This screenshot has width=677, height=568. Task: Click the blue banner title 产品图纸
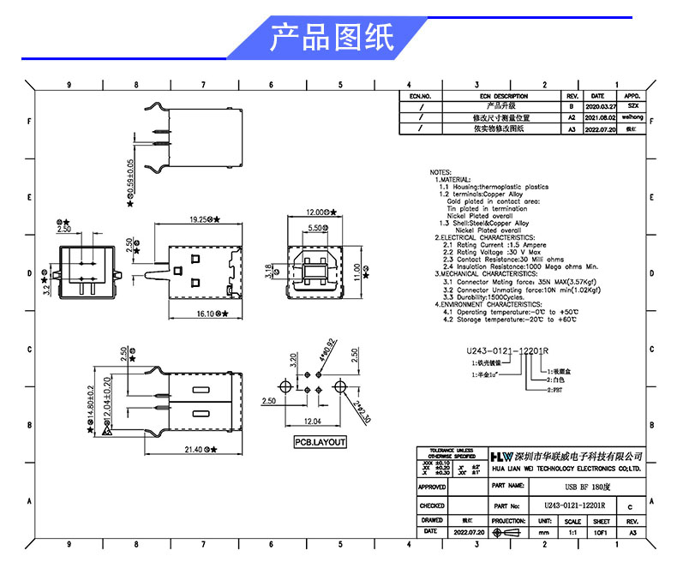[332, 38]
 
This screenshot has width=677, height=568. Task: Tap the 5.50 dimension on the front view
[315, 229]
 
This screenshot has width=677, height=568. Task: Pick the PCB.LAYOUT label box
[321, 442]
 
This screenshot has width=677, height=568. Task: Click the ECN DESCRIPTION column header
[504, 96]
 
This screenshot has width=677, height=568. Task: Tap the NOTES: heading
[440, 172]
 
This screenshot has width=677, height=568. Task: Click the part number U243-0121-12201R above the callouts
[507, 351]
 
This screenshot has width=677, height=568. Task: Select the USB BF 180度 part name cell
[566, 486]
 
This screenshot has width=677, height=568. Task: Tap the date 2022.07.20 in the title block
[469, 532]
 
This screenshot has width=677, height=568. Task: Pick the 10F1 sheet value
[602, 532]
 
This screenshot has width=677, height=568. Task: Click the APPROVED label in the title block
[433, 486]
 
